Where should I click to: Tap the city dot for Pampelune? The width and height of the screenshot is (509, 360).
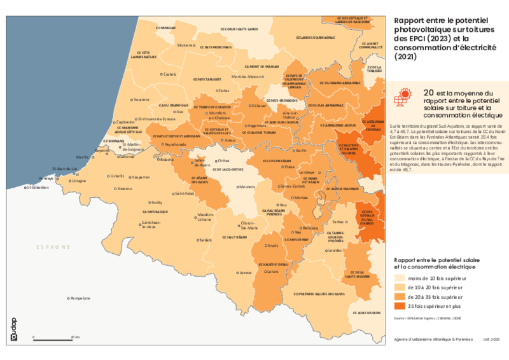tap(69, 298)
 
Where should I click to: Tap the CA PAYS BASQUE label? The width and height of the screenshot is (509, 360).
tap(155, 210)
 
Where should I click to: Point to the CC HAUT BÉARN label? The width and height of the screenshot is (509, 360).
tap(234, 237)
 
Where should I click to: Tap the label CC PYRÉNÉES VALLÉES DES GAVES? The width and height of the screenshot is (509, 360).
tap(319, 294)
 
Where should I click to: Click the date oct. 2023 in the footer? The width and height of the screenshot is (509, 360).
tap(491, 339)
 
